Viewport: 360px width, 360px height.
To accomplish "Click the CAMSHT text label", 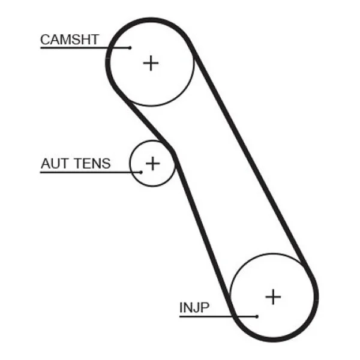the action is [70, 40].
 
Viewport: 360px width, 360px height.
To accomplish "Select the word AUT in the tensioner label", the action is [55, 163].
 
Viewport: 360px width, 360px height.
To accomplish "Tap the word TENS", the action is [93, 163].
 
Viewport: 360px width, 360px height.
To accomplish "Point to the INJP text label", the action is [194, 308].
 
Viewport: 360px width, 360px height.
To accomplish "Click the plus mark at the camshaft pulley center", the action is [151, 63].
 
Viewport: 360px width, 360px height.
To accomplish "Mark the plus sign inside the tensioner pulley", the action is [152, 163].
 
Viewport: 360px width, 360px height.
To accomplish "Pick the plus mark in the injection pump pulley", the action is [273, 296].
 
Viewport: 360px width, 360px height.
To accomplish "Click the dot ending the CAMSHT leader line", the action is [130, 48].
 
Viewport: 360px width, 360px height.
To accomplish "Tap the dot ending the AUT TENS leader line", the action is [141, 172].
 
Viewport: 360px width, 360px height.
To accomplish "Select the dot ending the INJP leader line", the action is [257, 317].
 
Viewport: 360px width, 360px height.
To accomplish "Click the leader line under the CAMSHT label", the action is [85, 48].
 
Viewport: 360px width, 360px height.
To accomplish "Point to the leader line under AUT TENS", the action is [91, 172].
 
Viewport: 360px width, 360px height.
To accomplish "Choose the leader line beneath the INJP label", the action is [218, 317].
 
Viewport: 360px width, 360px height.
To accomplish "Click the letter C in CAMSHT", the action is [45, 40].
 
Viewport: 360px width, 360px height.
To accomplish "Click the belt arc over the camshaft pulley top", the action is [151, 20].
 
